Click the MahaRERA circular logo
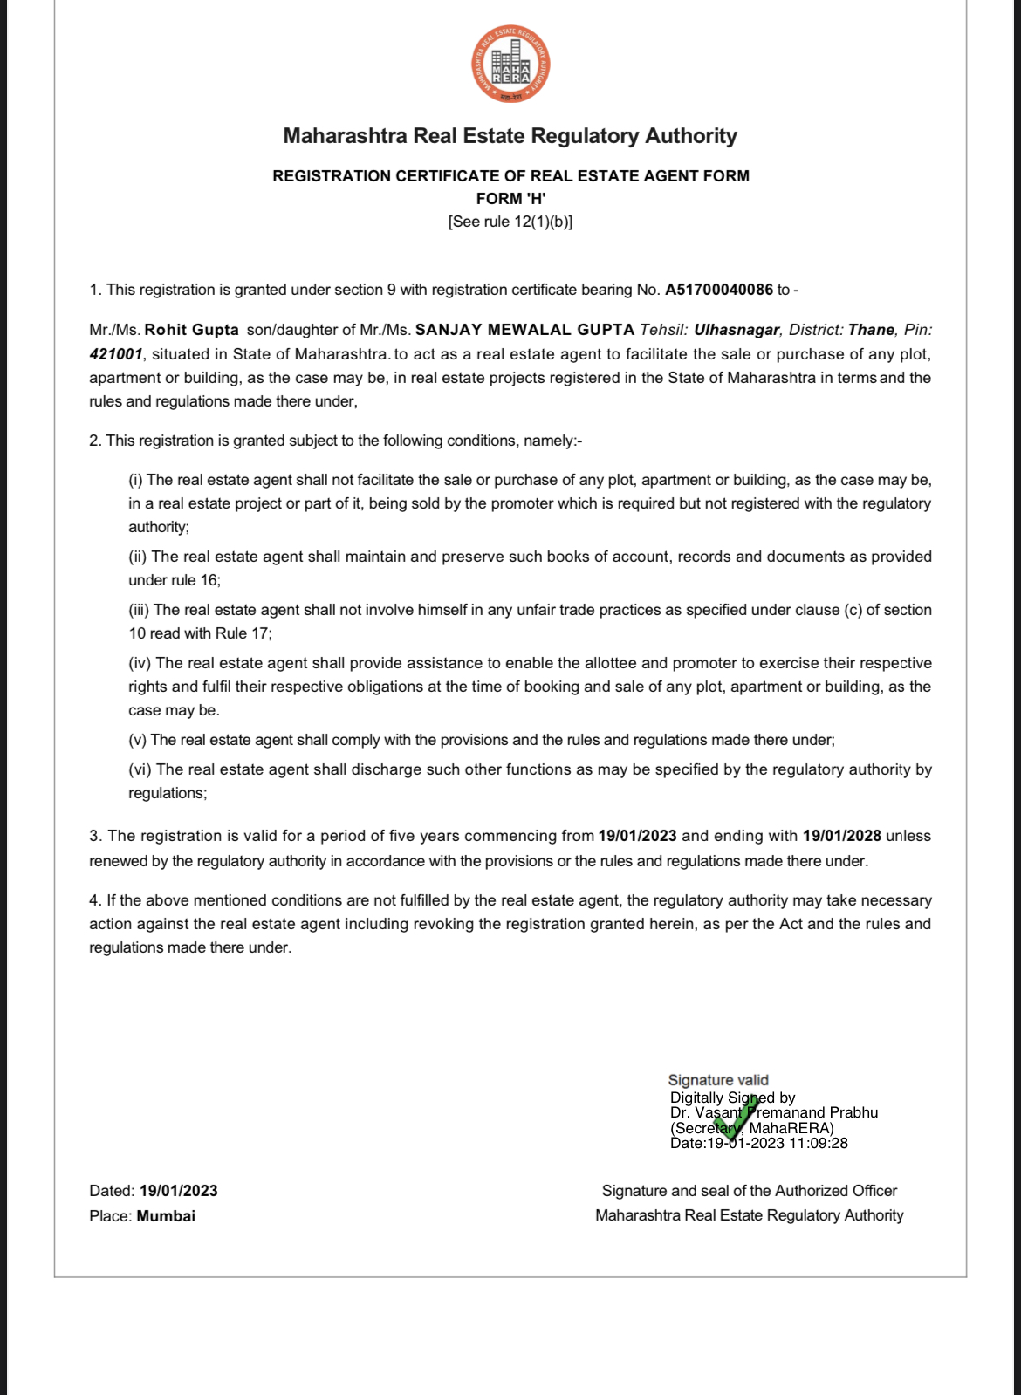tap(511, 65)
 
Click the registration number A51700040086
tap(719, 290)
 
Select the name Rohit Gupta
tap(191, 330)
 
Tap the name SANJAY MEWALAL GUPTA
tap(524, 330)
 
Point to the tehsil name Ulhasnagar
tap(737, 330)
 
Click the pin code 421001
tap(115, 354)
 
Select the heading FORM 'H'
tap(510, 199)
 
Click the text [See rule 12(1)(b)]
tap(510, 222)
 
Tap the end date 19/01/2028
tap(841, 836)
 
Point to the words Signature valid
tap(718, 1080)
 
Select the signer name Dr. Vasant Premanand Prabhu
tap(773, 1112)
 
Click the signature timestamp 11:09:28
tap(818, 1143)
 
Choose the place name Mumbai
tap(166, 1216)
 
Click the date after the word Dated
tap(179, 1191)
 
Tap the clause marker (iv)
tap(140, 663)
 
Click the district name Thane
tap(871, 330)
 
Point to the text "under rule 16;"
tap(175, 580)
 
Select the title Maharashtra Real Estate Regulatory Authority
tap(510, 136)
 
